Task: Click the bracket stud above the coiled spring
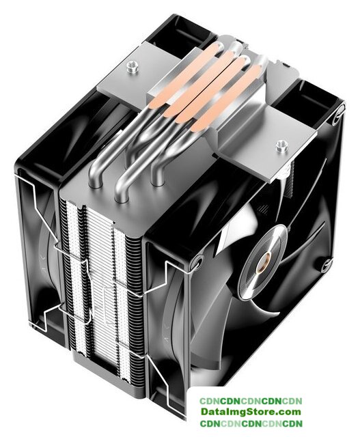pos(281,145)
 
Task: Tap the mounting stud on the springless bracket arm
pos(133,66)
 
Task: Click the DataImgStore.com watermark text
pos(251,411)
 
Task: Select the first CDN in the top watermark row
pos(210,401)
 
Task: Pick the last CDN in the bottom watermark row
pos(292,423)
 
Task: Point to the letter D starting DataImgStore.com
pos(205,411)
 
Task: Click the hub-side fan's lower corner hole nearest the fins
pos(196,263)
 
